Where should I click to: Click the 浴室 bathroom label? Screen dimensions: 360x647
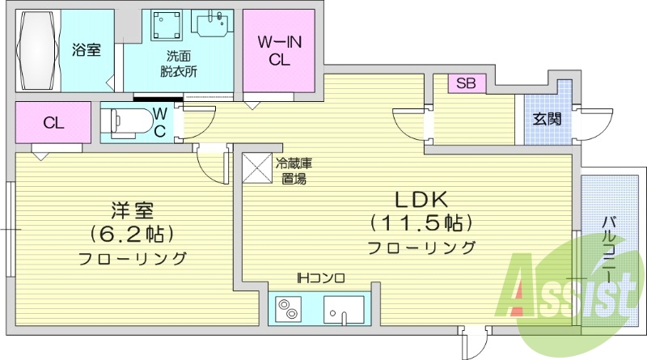tap(86, 50)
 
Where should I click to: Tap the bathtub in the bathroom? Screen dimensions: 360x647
tap(37, 51)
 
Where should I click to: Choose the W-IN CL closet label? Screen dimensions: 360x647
tap(279, 50)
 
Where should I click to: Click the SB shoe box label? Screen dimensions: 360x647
tap(465, 83)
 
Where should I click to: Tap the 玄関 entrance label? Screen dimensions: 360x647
tap(547, 119)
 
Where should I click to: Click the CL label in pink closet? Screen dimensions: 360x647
tap(53, 123)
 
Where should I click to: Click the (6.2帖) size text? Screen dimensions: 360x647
tap(132, 235)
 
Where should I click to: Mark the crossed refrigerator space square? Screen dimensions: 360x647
tap(260, 168)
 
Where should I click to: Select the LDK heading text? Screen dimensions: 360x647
tap(421, 200)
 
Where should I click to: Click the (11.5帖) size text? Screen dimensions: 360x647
tap(421, 222)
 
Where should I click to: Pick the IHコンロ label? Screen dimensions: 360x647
tap(320, 278)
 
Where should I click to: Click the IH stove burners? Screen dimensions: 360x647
tap(289, 309)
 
